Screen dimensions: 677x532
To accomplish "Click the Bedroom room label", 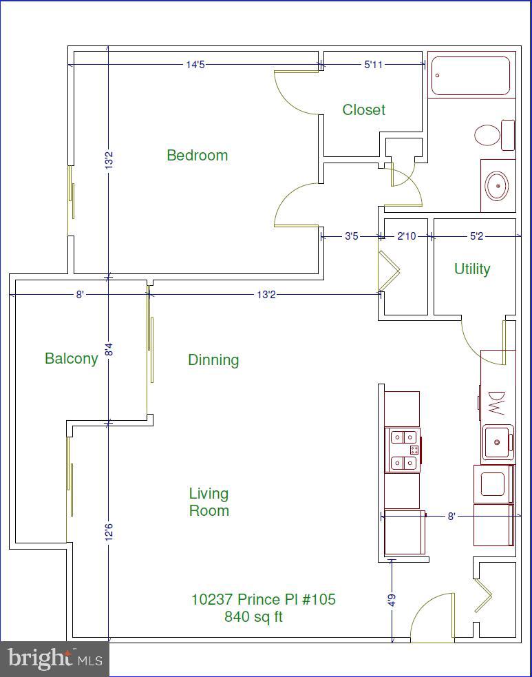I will (197, 155).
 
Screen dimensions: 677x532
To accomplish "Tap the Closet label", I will (363, 110).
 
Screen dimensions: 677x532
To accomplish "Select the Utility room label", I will (471, 269).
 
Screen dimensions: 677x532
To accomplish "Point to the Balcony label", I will (71, 358).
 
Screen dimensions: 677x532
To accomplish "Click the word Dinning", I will (213, 360).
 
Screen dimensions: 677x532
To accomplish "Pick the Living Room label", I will (209, 502).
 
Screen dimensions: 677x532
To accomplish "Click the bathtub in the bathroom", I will (471, 76).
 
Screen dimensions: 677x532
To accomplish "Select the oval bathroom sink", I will (497, 185).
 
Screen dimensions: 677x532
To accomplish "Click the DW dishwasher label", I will (496, 403).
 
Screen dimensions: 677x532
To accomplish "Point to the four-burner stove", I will (404, 449).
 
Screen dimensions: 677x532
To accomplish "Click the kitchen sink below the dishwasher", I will (496, 441).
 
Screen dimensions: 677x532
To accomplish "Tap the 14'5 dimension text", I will (195, 65).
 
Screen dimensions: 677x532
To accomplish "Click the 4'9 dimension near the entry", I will (392, 599).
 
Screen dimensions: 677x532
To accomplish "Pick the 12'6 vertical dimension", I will (108, 533).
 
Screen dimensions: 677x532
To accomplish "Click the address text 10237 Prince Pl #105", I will (263, 599).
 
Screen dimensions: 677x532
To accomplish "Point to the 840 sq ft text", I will (253, 616).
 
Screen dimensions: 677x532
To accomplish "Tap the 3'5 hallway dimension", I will (351, 236).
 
